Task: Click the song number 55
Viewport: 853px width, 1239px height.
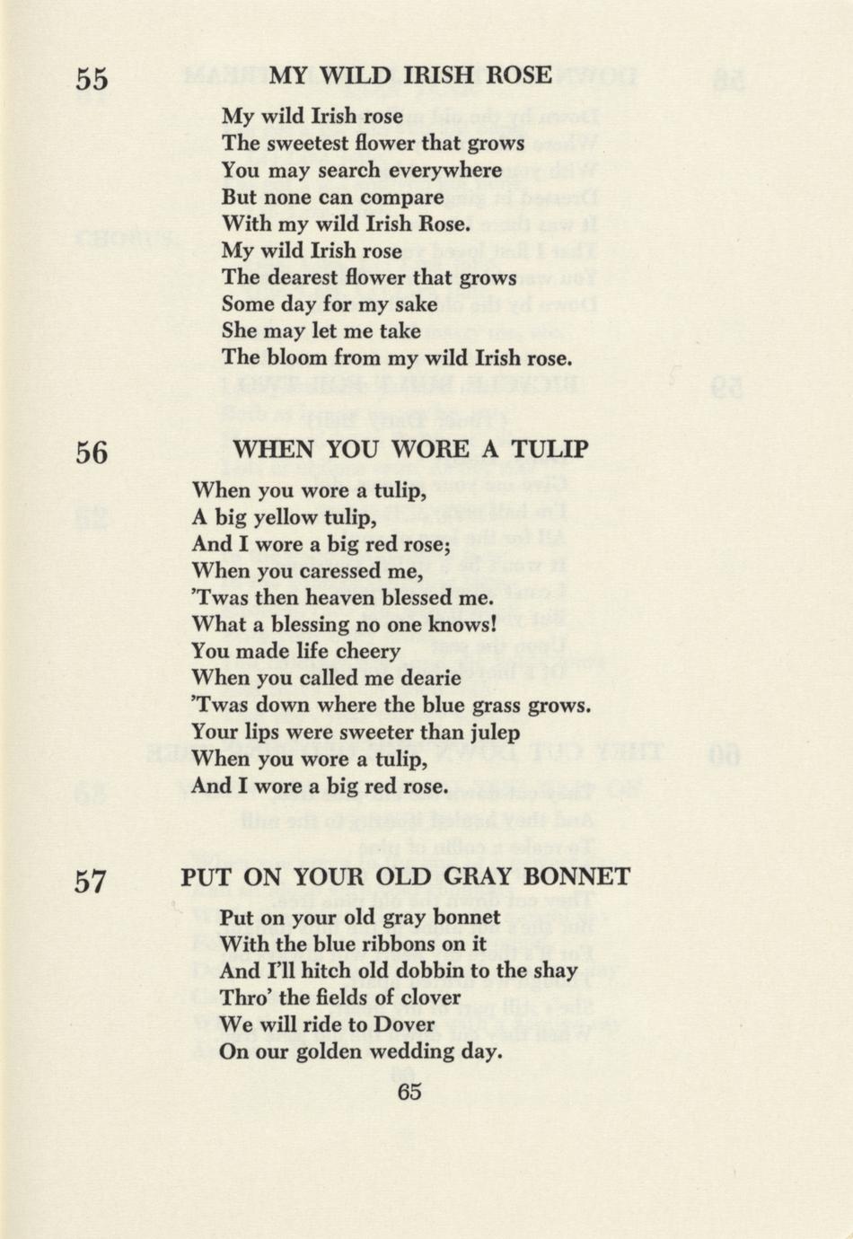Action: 92,80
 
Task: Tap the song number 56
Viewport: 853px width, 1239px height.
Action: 92,453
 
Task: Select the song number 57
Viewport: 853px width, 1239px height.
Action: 91,883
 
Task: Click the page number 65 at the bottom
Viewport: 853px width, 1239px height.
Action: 409,1092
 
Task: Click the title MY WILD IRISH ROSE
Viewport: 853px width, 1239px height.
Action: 410,75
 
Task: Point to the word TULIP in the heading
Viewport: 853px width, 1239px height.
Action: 550,449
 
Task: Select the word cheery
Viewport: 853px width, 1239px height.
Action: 364,652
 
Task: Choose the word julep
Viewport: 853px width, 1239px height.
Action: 492,733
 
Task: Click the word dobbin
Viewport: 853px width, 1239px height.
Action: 444,971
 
